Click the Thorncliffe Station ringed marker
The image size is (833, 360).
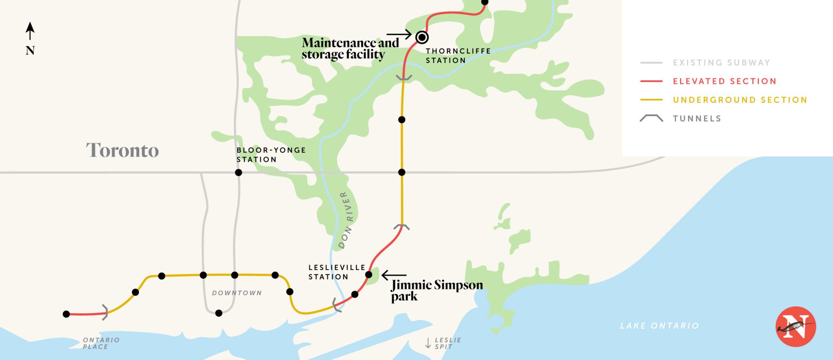[422, 37]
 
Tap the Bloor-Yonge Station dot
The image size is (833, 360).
[238, 172]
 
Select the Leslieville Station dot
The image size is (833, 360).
[369, 275]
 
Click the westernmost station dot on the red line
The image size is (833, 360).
[66, 314]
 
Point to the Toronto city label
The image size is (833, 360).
[122, 150]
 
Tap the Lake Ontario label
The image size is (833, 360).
[659, 326]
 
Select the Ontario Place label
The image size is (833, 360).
[101, 343]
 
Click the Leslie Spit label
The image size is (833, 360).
[447, 343]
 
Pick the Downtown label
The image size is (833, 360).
[237, 293]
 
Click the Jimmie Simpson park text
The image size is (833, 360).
[436, 290]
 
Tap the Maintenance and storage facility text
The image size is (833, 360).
[350, 48]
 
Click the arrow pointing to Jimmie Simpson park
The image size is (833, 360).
[394, 275]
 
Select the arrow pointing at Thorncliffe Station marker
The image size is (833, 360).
[399, 35]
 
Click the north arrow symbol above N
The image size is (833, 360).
[30, 31]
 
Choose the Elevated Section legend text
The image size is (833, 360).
[724, 81]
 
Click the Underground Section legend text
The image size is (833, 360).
[740, 100]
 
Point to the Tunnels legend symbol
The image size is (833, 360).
[651, 118]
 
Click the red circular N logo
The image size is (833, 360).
[796, 326]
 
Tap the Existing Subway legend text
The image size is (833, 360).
[721, 63]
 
